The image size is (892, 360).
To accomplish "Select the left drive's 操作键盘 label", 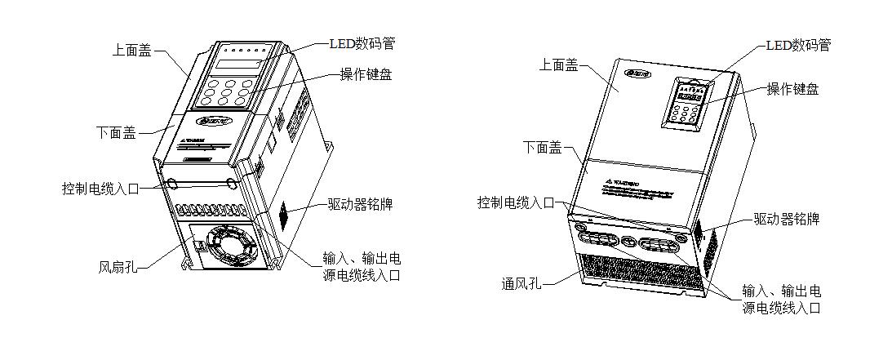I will [366, 74].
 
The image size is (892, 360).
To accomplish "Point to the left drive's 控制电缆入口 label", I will [100, 188].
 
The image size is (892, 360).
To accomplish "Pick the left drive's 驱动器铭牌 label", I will [360, 204].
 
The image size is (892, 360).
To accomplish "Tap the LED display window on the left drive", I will [239, 64].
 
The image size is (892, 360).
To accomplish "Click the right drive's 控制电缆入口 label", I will [516, 202].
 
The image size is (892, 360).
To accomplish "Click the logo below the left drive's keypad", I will [213, 122].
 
